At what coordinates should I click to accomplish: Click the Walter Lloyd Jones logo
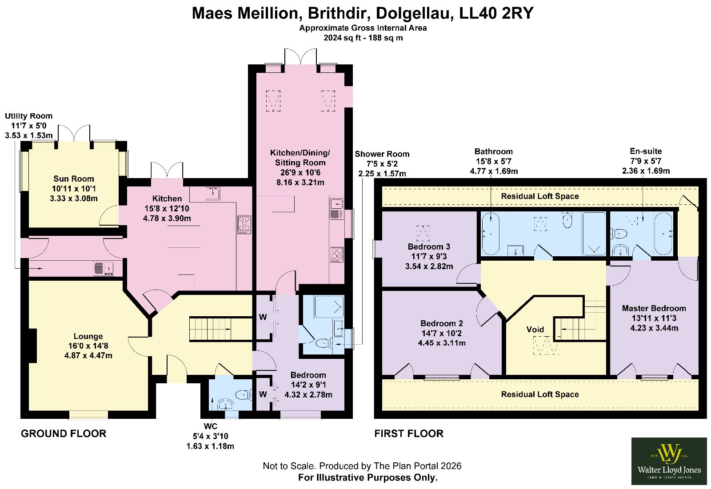669,461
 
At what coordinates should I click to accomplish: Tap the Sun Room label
74,179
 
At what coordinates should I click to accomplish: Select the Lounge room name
88,336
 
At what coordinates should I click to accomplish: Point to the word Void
535,330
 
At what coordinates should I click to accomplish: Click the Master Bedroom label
654,308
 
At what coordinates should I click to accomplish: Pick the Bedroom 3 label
429,246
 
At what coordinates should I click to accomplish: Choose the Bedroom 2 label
442,323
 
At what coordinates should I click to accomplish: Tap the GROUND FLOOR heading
64,433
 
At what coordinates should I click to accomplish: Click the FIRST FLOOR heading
409,433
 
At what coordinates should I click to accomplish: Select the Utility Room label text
28,116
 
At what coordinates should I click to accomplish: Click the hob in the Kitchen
244,225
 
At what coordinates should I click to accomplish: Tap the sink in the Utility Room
104,268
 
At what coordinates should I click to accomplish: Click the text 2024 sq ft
341,38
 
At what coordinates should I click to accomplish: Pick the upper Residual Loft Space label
540,196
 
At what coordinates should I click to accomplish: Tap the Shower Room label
382,154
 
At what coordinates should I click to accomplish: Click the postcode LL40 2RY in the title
496,13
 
